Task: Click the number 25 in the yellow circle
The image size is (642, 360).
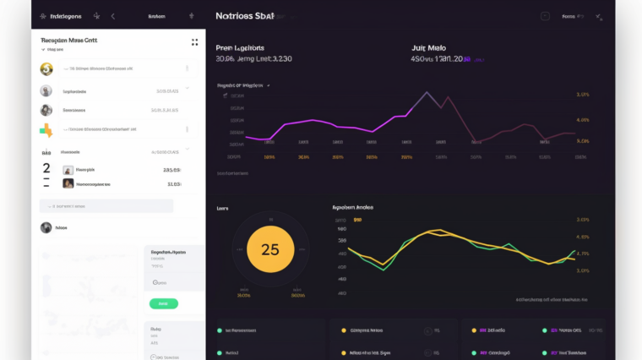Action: pos(269,249)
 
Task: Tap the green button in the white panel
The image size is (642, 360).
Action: pos(163,303)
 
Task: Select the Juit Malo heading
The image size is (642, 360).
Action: pos(429,47)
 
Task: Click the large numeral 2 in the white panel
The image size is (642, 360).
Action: pos(46,169)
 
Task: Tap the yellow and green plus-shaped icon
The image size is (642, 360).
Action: pos(46,130)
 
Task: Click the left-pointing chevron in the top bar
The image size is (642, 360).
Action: pos(113,16)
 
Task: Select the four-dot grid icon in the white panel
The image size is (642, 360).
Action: pos(194,41)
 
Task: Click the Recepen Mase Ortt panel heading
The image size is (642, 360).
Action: pos(69,40)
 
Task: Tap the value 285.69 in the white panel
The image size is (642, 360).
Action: pos(171,169)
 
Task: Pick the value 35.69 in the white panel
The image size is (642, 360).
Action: pos(173,183)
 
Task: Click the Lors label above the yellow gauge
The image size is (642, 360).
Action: pos(223,208)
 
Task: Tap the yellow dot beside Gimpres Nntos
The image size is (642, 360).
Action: pos(344,330)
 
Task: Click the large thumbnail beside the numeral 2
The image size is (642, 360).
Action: pos(68,169)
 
